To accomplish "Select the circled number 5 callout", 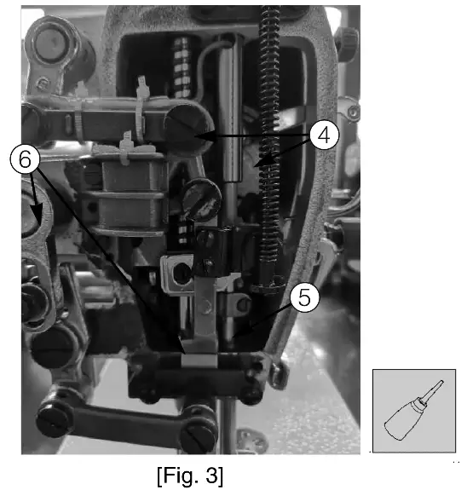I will [303, 298].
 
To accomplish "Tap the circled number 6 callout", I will [23, 160].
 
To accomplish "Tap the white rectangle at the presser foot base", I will [196, 361].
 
